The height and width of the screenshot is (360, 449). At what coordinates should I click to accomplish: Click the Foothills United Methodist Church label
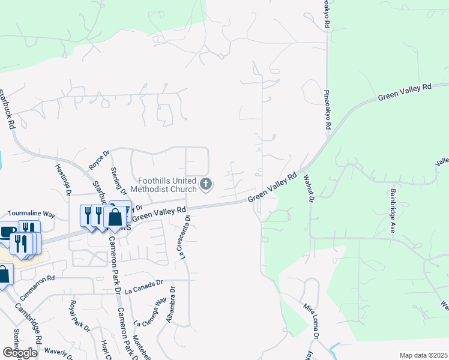[x=166, y=185]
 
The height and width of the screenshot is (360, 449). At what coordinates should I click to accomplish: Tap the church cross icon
[x=206, y=184]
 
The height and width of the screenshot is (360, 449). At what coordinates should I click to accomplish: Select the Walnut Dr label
[x=310, y=188]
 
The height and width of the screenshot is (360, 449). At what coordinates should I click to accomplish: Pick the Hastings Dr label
[x=62, y=179]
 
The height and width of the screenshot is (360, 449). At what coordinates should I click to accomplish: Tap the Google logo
[x=20, y=352]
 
